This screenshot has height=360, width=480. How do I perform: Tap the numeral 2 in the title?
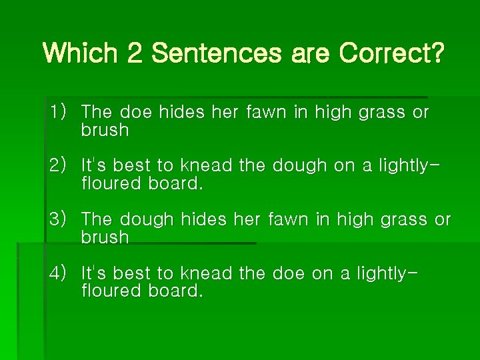pos(135,53)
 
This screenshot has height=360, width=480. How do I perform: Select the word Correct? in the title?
pos(391,53)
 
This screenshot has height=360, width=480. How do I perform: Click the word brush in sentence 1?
pos(105,130)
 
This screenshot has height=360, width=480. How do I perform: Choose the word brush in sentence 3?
pos(105,237)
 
